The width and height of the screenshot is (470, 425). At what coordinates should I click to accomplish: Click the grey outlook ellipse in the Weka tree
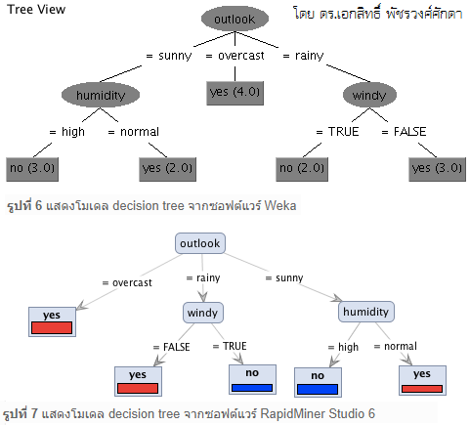pyautogui.click(x=235, y=19)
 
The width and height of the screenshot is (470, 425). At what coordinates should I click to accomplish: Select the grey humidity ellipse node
pyautogui.click(x=101, y=95)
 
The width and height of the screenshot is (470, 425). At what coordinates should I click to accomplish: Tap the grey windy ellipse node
pyautogui.click(x=369, y=95)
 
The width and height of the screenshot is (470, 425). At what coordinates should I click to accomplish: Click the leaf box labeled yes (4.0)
pyautogui.click(x=235, y=93)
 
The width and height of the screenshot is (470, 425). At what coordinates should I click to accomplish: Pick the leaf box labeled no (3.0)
pyautogui.click(x=32, y=169)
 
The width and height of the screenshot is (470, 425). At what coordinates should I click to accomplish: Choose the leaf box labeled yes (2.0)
pyautogui.click(x=168, y=169)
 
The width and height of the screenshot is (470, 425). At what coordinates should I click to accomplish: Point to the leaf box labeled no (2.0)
pyautogui.click(x=302, y=169)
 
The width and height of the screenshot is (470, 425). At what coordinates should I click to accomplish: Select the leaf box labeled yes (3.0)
pyautogui.click(x=438, y=169)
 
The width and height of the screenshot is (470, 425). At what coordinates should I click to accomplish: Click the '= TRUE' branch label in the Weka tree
pyautogui.click(x=337, y=132)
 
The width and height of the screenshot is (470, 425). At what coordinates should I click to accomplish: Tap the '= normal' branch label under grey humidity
pyautogui.click(x=134, y=132)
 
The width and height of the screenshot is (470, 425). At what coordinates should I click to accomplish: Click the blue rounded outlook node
pyautogui.click(x=200, y=243)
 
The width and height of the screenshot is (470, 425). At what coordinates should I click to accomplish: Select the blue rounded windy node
pyautogui.click(x=203, y=313)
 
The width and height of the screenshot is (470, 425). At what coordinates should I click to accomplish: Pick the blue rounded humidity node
pyautogui.click(x=366, y=312)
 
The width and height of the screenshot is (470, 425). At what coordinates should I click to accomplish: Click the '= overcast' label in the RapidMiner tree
pyautogui.click(x=127, y=282)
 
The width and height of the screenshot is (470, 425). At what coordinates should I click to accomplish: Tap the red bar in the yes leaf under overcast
pyautogui.click(x=52, y=327)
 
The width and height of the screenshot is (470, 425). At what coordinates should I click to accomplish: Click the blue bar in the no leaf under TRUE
pyautogui.click(x=252, y=388)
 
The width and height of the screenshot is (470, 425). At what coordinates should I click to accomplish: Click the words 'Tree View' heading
pyautogui.click(x=36, y=9)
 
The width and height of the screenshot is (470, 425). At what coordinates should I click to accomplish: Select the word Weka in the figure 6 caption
pyautogui.click(x=280, y=206)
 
